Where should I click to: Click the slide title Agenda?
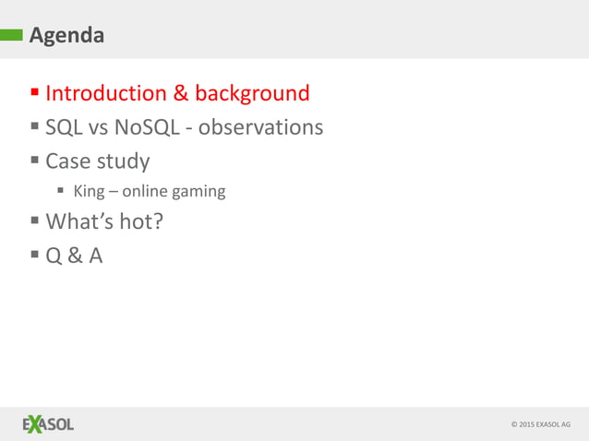(x=66, y=36)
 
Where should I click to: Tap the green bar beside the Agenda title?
(x=12, y=36)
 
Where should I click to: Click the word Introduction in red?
(x=104, y=93)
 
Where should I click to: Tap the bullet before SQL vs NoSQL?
(x=35, y=126)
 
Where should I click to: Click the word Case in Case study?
(x=68, y=161)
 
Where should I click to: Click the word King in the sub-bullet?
(x=89, y=192)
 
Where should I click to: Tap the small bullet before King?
(x=61, y=192)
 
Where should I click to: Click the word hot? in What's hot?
(x=136, y=221)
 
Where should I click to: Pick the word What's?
(x=78, y=221)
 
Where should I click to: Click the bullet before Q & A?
(x=35, y=256)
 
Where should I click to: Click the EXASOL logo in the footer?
(x=48, y=424)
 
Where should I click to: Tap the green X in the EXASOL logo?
(x=35, y=424)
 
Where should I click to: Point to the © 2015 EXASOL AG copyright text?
(x=540, y=424)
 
